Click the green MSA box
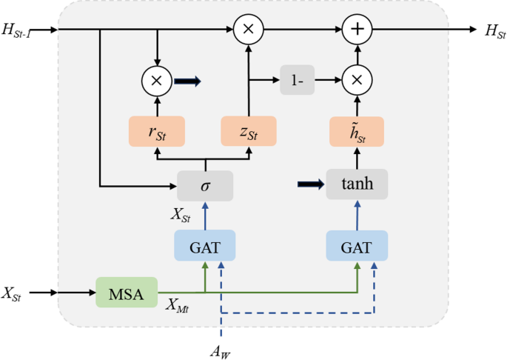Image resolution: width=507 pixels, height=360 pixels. pyautogui.click(x=127, y=292)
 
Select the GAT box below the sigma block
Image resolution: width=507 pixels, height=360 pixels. pyautogui.click(x=205, y=245)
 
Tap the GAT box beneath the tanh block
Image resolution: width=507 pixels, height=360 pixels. pyautogui.click(x=357, y=245)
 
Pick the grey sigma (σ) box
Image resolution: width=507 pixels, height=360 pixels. pyautogui.click(x=205, y=184)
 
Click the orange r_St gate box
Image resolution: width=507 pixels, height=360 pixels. pyautogui.click(x=156, y=131)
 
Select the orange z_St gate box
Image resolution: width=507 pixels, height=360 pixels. pyautogui.click(x=249, y=131)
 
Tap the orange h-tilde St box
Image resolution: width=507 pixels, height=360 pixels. pyautogui.click(x=357, y=131)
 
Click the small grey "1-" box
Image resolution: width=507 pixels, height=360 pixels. pyautogui.click(x=298, y=80)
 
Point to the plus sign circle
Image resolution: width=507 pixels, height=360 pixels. pyautogui.click(x=357, y=30)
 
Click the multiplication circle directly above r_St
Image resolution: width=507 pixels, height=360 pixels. pyautogui.click(x=156, y=80)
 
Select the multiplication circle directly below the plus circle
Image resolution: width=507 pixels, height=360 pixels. pyautogui.click(x=357, y=80)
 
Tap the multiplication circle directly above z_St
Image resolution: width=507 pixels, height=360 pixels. pyautogui.click(x=249, y=30)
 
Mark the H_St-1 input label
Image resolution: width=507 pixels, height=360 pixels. pyautogui.click(x=22, y=30)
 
